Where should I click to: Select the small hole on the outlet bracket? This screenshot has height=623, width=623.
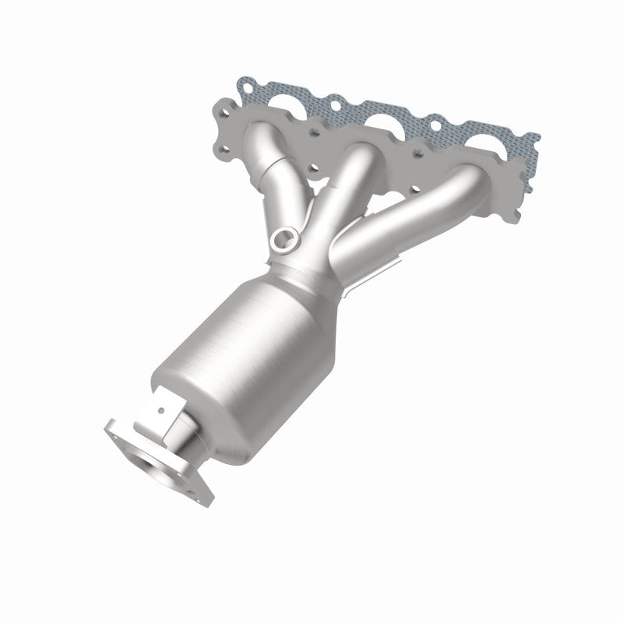[160, 408]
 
